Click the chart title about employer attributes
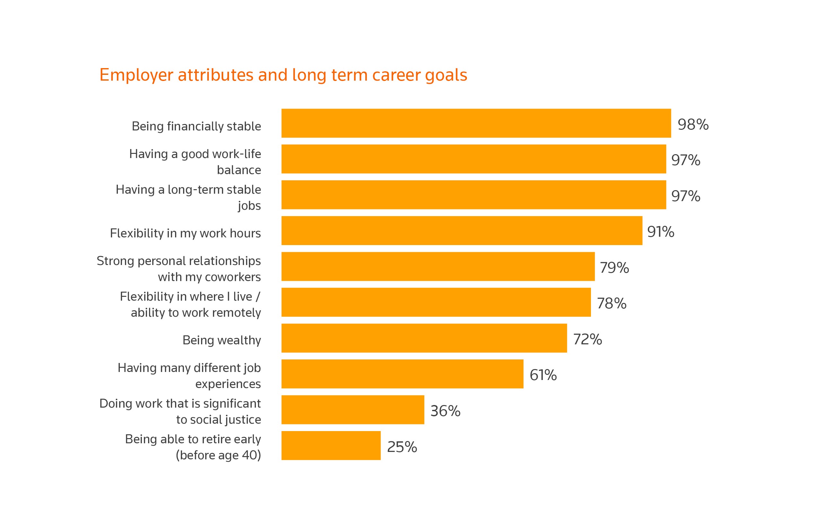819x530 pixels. point(283,75)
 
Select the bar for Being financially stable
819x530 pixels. point(476,123)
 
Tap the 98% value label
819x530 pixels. point(693,125)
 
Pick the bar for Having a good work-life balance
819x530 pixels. point(473,159)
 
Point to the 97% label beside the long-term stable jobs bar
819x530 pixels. point(685,196)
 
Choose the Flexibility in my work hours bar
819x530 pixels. point(462,231)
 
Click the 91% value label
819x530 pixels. point(660,232)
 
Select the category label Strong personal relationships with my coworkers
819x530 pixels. point(179,269)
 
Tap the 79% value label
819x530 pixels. point(614,268)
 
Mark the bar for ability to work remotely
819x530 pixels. point(436,302)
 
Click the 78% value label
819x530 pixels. point(612,304)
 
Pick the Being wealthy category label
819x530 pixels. point(222,340)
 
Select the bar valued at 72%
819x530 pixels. point(424,338)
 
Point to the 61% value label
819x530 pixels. point(543,375)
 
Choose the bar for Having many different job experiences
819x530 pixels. point(402,374)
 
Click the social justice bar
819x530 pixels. point(353,410)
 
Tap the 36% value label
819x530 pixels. point(445,411)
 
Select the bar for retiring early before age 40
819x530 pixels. point(331,445)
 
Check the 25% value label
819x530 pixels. point(402,447)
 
